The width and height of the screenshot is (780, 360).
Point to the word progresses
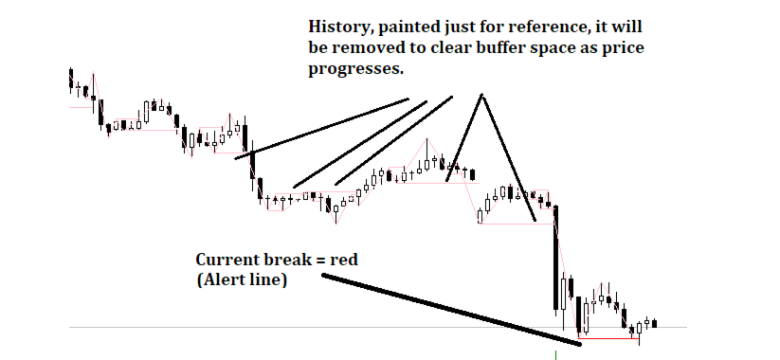355,69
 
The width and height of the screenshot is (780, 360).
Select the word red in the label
346,261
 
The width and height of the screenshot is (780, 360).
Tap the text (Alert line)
242,279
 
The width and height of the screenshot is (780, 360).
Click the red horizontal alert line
608,338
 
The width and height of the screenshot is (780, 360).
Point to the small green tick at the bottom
555,355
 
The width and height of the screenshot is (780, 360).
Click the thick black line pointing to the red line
452,309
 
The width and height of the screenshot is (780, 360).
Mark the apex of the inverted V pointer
481,94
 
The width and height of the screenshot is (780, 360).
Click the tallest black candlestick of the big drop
555,258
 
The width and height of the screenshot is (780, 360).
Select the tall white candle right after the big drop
563,295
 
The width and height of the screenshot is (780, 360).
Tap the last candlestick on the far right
655,324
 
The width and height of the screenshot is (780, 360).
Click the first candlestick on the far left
71,80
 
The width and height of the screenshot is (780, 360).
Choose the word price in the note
623,48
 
